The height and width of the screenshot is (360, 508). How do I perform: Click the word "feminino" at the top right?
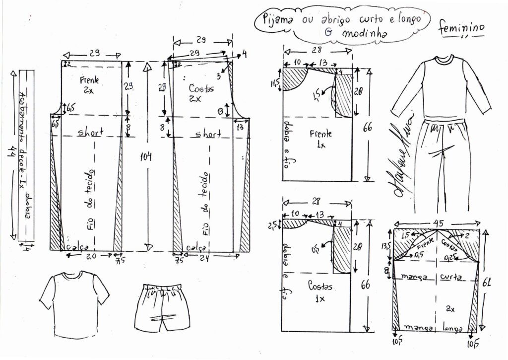point(461,29)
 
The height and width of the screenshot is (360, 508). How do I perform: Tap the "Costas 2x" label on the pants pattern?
point(201,92)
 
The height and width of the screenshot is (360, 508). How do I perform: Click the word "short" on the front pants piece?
point(91,134)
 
